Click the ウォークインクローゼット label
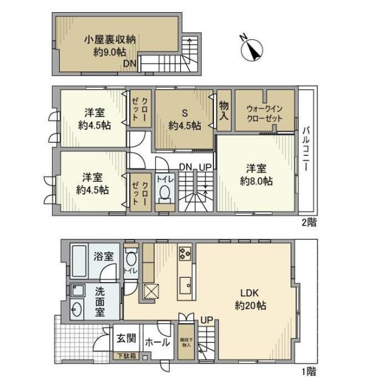264,113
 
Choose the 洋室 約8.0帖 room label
258,174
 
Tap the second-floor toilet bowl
164,192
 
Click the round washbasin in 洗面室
77,310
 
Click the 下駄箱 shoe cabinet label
127,356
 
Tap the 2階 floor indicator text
308,222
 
